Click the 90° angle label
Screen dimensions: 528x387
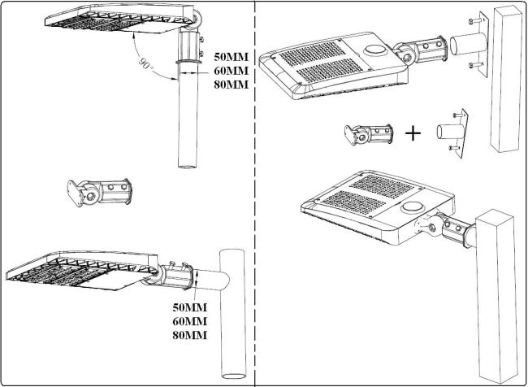click(145, 63)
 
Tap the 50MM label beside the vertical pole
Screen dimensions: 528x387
click(231, 57)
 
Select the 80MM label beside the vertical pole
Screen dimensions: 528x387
click(231, 85)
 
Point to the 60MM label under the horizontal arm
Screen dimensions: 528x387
click(189, 321)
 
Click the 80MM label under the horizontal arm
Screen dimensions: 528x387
click(189, 335)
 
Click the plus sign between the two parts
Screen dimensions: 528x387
click(413, 133)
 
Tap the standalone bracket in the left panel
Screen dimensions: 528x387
click(100, 193)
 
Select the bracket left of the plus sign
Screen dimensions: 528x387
click(369, 134)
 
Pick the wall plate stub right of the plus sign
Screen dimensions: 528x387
click(452, 133)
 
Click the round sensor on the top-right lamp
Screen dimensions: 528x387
click(375, 50)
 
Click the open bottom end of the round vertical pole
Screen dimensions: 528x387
click(187, 166)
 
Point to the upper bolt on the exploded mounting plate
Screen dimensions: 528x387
click(475, 21)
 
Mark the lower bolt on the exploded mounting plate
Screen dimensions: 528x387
click(475, 64)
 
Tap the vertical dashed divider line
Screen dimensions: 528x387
click(254, 193)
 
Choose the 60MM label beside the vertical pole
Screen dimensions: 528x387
click(231, 71)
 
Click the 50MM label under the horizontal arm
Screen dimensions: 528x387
click(189, 307)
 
